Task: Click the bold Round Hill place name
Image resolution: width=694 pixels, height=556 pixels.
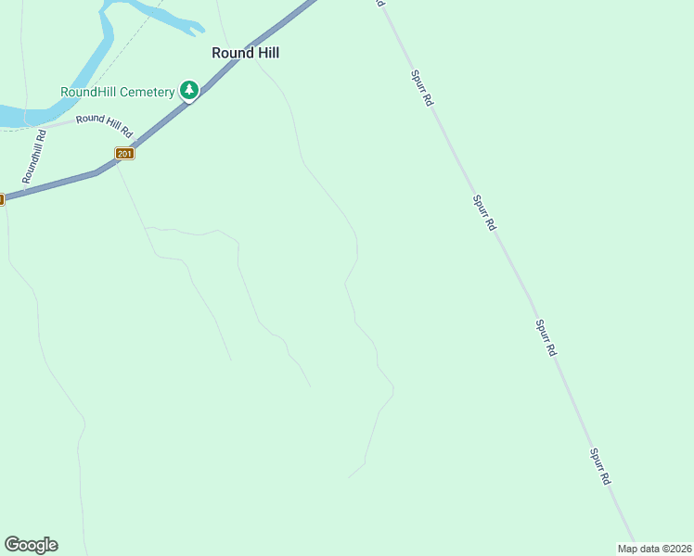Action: click(x=245, y=53)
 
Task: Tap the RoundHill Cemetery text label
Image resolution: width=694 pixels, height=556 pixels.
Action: click(x=117, y=92)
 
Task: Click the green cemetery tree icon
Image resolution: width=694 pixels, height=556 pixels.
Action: click(x=189, y=90)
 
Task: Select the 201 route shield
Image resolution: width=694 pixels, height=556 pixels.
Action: click(x=125, y=153)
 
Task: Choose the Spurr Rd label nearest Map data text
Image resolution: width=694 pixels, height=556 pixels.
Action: click(x=600, y=467)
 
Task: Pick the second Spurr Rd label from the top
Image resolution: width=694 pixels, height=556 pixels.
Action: click(x=483, y=212)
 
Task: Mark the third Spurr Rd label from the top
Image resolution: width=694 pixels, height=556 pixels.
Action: click(x=546, y=338)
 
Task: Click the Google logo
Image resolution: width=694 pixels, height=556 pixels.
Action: click(x=31, y=545)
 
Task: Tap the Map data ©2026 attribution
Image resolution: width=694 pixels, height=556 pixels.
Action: click(x=655, y=549)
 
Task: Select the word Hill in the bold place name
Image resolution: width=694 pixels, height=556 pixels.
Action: click(x=264, y=53)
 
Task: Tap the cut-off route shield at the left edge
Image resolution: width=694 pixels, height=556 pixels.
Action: click(x=2, y=198)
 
